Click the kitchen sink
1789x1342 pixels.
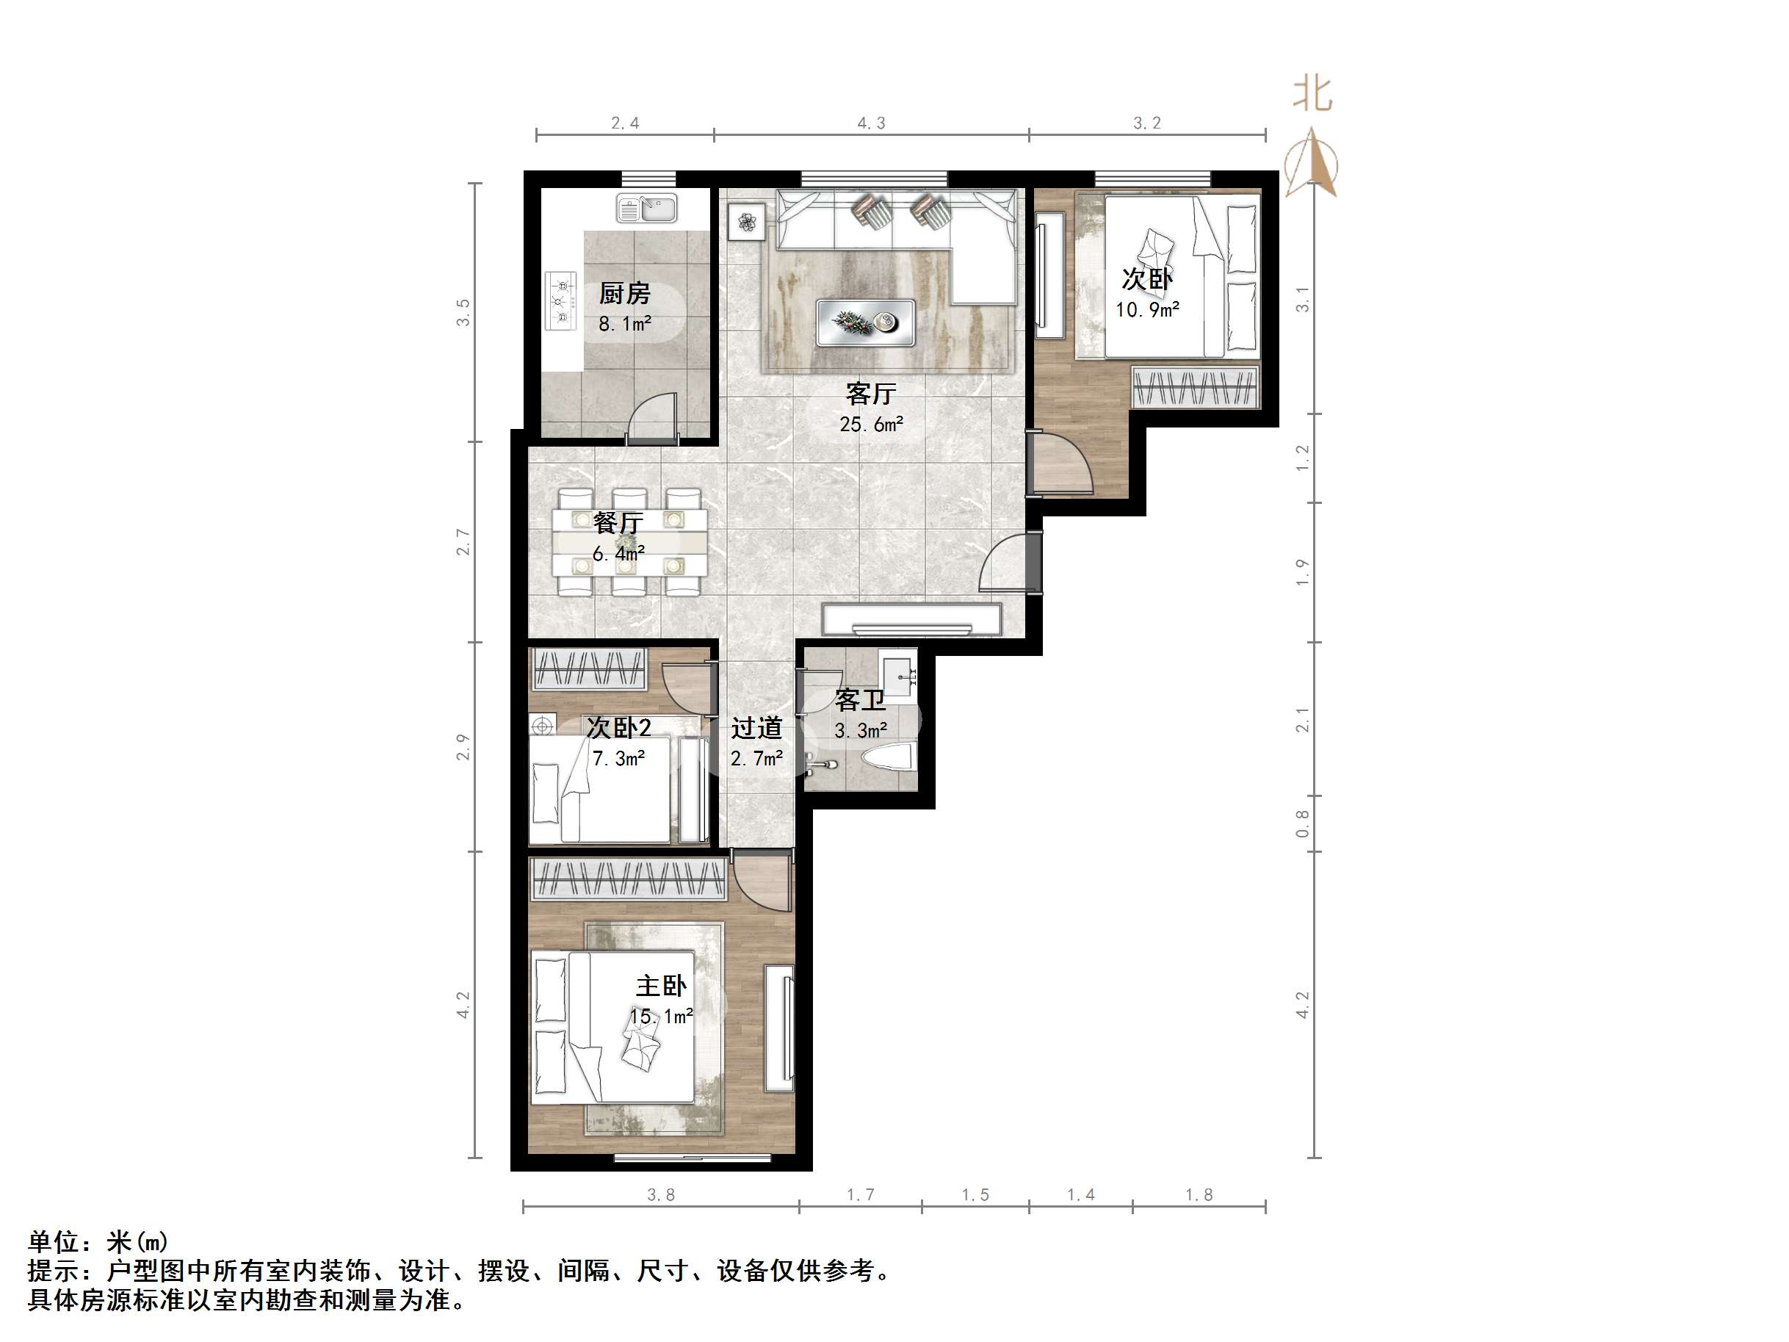point(647,209)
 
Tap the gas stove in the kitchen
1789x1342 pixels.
point(560,301)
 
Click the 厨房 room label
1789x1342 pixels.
point(624,293)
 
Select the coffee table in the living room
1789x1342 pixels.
point(865,322)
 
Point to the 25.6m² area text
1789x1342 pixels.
point(871,424)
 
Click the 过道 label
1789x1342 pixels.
point(757,728)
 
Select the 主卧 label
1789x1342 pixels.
point(662,985)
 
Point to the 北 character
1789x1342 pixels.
point(1312,94)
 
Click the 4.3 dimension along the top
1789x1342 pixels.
point(871,123)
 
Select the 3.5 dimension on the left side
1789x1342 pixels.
point(463,312)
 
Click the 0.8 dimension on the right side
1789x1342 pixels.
point(1302,823)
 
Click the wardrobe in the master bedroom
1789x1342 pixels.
point(629,879)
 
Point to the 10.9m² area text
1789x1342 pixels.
point(1148,310)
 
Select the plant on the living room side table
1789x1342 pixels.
point(746,221)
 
